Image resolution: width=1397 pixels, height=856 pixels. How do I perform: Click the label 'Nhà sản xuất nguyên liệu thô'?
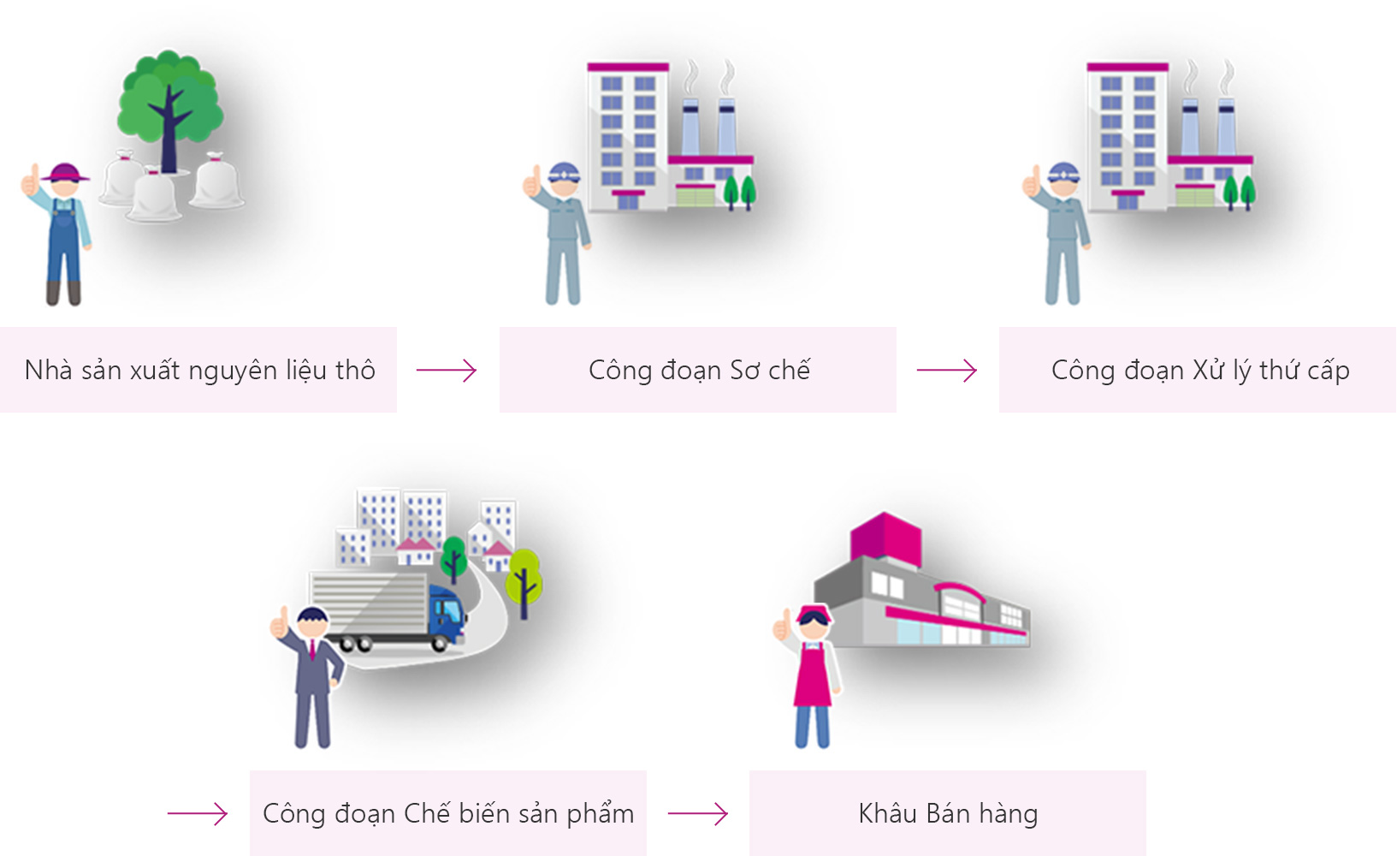pyautogui.click(x=199, y=370)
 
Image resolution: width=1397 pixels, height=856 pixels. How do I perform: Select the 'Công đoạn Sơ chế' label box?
pyautogui.click(x=698, y=370)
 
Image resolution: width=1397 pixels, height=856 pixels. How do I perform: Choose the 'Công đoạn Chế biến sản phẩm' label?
pyautogui.click(x=448, y=813)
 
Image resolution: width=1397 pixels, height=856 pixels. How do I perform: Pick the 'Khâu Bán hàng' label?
pyautogui.click(x=948, y=813)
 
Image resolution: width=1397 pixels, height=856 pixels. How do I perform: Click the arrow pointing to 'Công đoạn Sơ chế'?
pyautogui.click(x=447, y=370)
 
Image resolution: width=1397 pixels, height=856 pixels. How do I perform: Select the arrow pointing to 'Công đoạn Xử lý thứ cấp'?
pyautogui.click(x=947, y=370)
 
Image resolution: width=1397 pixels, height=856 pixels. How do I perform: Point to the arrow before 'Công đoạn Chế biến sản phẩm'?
pyautogui.click(x=198, y=813)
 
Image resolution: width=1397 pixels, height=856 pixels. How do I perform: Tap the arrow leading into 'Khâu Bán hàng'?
pyautogui.click(x=698, y=813)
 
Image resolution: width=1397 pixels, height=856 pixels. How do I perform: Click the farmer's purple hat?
pyautogui.click(x=65, y=173)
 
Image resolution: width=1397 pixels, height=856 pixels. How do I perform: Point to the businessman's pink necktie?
pyautogui.click(x=312, y=649)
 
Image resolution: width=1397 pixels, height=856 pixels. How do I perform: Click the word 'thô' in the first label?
pyautogui.click(x=356, y=369)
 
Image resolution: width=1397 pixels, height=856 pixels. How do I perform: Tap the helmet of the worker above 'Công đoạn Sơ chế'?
pyautogui.click(x=565, y=173)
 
